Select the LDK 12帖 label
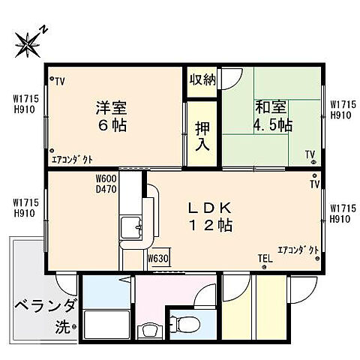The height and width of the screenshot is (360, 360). pos(217,217)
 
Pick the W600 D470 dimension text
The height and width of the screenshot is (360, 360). pos(106,184)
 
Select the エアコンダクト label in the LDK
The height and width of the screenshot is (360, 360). pos(298,249)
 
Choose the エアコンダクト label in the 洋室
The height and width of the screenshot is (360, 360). pos(72,160)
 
